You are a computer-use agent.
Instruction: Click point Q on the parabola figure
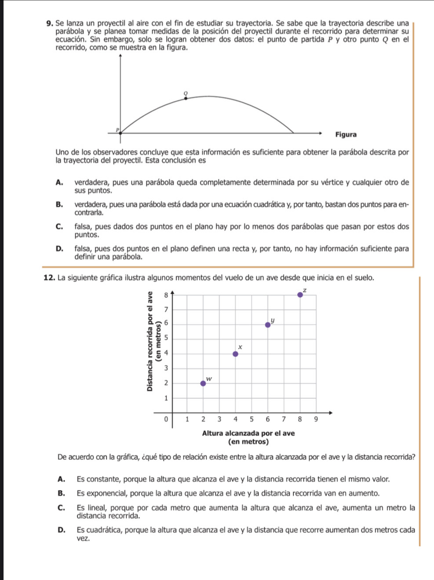(x=186, y=98)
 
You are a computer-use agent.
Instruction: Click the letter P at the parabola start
(x=117, y=129)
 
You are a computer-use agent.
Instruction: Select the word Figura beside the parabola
(x=346, y=134)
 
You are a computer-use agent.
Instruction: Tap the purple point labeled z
(x=300, y=295)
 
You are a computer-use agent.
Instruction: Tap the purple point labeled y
(x=268, y=325)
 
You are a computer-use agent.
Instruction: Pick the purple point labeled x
(x=235, y=354)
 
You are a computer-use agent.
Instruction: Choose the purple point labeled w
(x=203, y=383)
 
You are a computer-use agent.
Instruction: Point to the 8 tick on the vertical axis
(x=165, y=294)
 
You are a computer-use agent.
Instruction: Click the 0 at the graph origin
(x=165, y=419)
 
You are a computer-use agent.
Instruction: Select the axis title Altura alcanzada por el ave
(x=248, y=433)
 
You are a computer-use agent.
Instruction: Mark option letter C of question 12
(x=62, y=508)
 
